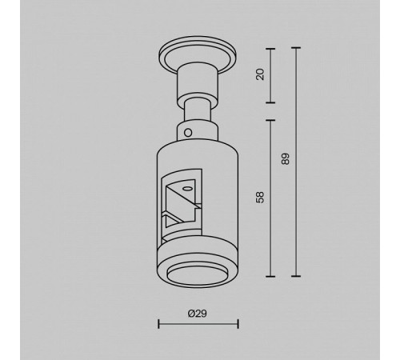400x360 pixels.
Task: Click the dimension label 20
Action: (260, 74)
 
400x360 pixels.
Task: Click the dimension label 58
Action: (260, 198)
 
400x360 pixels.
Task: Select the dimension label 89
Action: (285, 159)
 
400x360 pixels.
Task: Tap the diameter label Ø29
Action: (198, 314)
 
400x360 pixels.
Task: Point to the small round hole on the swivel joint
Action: (188, 133)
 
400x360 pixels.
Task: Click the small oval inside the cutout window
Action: (186, 189)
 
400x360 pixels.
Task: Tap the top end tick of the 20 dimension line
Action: (270, 49)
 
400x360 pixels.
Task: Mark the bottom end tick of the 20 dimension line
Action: (270, 102)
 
